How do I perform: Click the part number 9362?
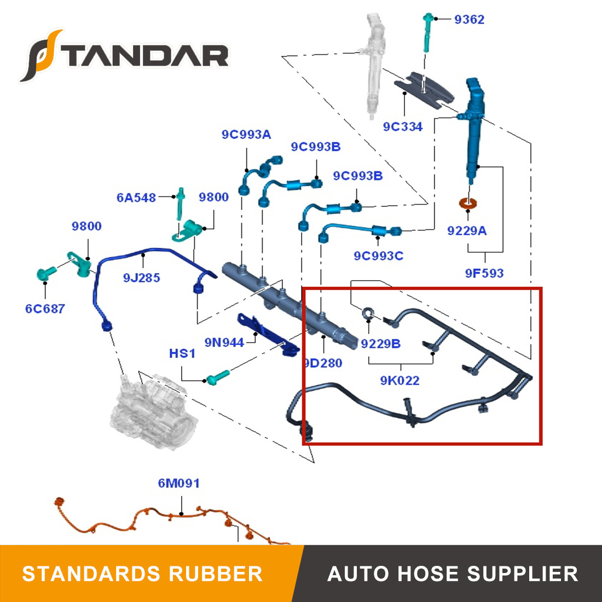click(469, 20)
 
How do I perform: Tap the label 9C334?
click(403, 127)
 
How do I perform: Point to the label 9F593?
click(484, 273)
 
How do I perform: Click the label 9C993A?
click(246, 135)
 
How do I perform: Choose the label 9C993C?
click(378, 256)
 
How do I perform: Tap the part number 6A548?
click(136, 198)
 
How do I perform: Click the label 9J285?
click(142, 278)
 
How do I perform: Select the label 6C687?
click(45, 309)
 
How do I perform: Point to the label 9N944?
click(224, 343)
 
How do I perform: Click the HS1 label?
click(182, 354)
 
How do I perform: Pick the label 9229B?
click(380, 344)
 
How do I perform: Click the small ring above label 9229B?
click(368, 312)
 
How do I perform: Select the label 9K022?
click(400, 380)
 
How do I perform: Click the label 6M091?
click(179, 483)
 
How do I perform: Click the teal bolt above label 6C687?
click(45, 273)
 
